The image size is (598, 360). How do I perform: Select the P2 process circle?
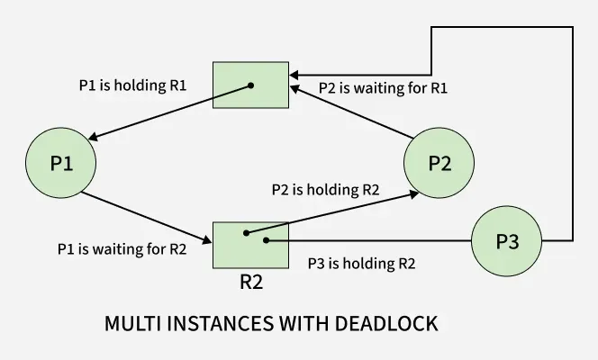pos(439,164)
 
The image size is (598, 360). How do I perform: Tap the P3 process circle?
pos(507,241)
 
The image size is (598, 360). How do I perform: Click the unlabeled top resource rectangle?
pos(250,85)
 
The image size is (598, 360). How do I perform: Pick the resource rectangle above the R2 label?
pos(239,244)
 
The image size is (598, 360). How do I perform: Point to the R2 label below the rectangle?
pos(251,281)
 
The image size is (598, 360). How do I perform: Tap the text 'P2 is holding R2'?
pos(325,190)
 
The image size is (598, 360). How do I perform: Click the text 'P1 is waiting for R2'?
pos(122,249)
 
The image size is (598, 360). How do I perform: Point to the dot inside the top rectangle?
pos(251,86)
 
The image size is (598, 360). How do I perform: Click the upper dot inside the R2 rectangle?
pos(245,233)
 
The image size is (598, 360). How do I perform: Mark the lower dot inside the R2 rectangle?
pos(263,241)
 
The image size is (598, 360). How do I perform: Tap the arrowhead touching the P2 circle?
pos(413,193)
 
